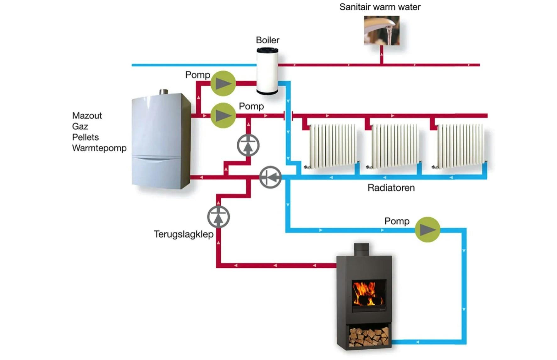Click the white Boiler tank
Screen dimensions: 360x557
coord(267,71)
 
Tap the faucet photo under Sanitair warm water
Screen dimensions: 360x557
coord(381,30)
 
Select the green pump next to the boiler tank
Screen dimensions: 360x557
coord(223,83)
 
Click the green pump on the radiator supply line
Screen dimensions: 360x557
coord(223,115)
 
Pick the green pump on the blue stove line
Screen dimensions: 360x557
coord(427,230)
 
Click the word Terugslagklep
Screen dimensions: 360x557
coord(184,234)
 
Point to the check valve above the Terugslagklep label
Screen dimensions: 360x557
coord(218,217)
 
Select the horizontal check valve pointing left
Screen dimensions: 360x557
coord(270,177)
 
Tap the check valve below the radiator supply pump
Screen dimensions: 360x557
coord(248,145)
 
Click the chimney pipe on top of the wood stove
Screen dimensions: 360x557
coord(361,249)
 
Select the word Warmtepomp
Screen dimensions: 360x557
coord(99,148)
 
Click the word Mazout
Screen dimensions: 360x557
coord(87,116)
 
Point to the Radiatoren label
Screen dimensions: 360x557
coord(391,188)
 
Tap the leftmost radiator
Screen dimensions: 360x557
coord(333,146)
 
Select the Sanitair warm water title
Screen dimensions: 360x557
coord(380,7)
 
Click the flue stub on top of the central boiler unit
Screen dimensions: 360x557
coord(163,92)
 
